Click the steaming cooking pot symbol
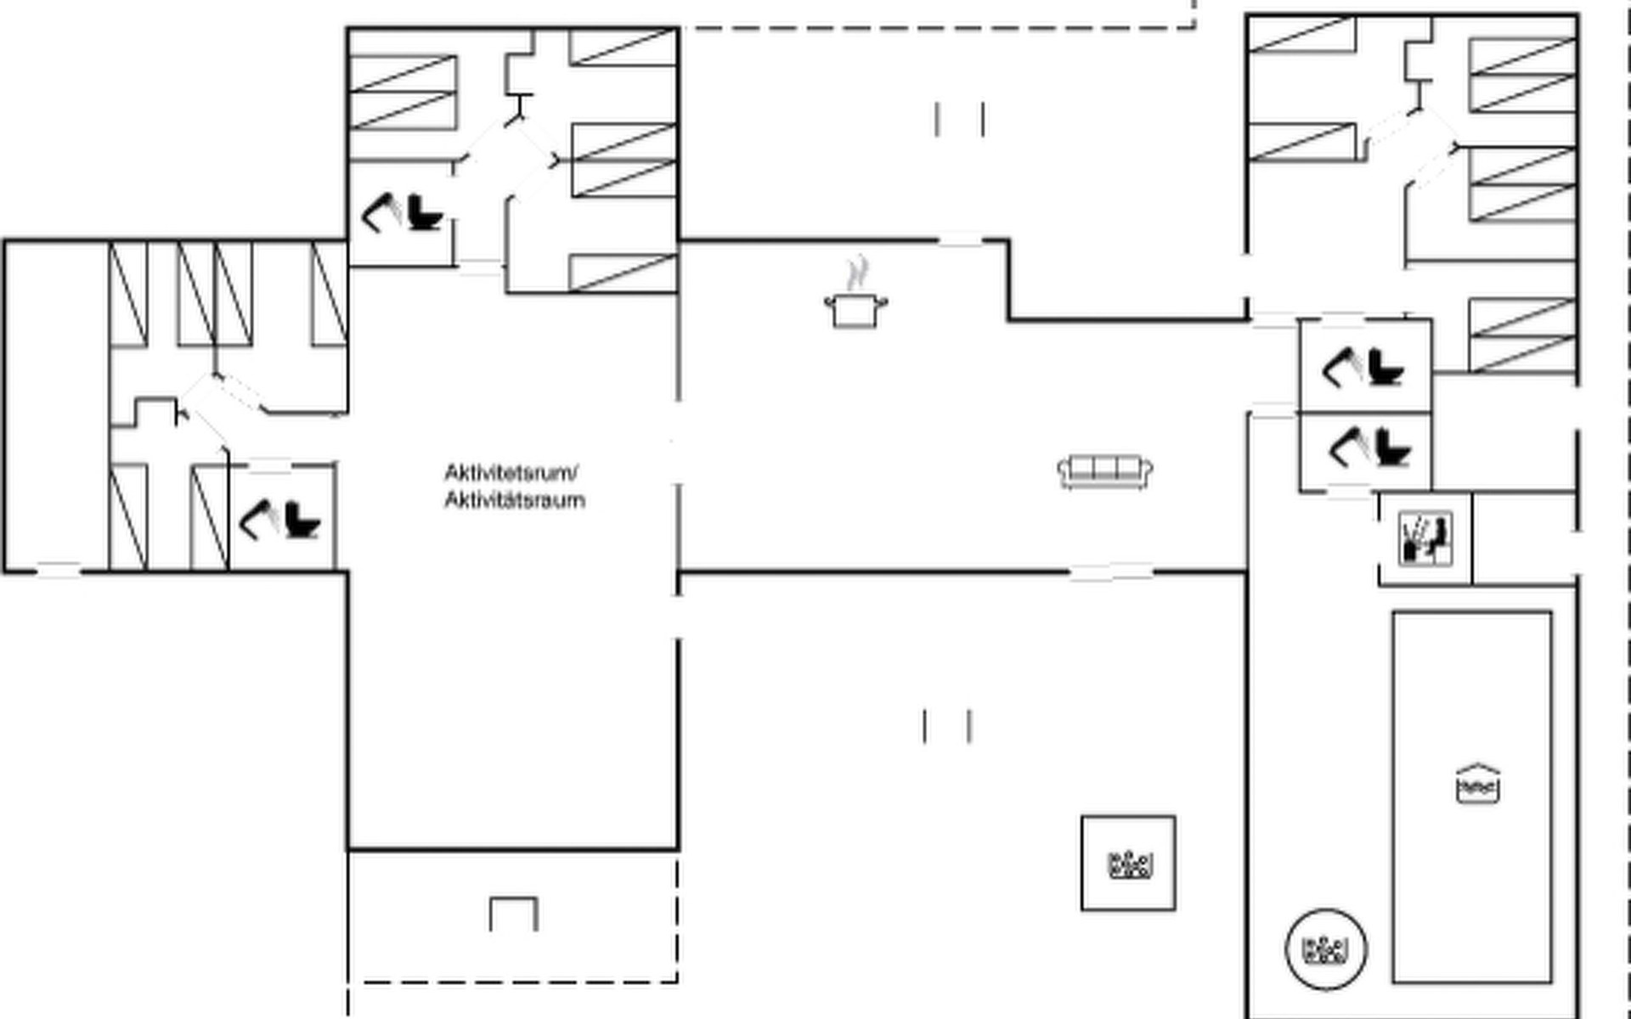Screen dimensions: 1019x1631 [x=855, y=307]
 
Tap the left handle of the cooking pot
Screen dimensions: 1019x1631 [x=828, y=300]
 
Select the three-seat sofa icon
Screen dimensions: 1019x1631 [x=1104, y=471]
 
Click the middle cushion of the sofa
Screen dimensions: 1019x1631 [x=1104, y=468]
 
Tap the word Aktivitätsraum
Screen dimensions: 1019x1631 [x=515, y=500]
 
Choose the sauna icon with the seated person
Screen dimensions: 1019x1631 [x=1425, y=538]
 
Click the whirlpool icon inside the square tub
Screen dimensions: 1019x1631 [x=1129, y=864]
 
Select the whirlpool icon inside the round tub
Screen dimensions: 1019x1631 [x=1326, y=949]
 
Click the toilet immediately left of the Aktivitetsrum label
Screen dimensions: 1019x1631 [x=302, y=520]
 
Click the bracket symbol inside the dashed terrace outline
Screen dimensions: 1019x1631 [x=514, y=913]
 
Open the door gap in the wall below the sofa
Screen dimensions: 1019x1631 [x=1111, y=573]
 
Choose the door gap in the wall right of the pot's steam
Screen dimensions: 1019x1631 [x=960, y=242]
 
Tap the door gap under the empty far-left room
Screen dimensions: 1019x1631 [x=58, y=571]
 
